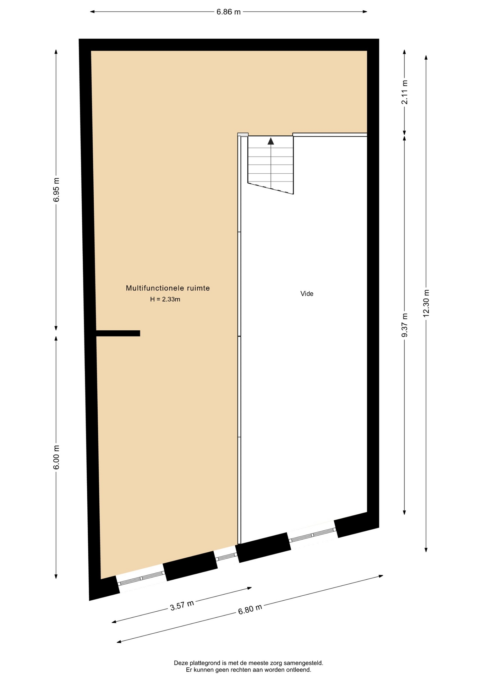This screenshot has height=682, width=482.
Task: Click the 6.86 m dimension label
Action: pyautogui.click(x=229, y=12)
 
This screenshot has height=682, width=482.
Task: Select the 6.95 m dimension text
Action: pyautogui.click(x=56, y=190)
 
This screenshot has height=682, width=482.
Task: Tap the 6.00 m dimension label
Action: pyautogui.click(x=56, y=457)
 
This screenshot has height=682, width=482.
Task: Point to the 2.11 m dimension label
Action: pyautogui.click(x=405, y=92)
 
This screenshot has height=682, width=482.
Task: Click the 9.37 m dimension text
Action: pyautogui.click(x=405, y=325)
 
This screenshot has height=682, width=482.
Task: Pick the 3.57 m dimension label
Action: pyautogui.click(x=182, y=605)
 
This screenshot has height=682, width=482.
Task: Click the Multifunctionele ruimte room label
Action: pyautogui.click(x=168, y=288)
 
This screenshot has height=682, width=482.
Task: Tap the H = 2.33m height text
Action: pyautogui.click(x=165, y=299)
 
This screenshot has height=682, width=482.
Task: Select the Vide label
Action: pyautogui.click(x=307, y=294)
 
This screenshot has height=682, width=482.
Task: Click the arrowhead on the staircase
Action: pyautogui.click(x=271, y=141)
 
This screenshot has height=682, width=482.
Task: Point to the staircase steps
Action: pyautogui.click(x=271, y=165)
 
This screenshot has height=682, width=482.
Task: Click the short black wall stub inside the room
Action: pyautogui.click(x=118, y=333)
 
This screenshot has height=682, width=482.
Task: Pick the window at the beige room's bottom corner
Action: pyautogui.click(x=141, y=578)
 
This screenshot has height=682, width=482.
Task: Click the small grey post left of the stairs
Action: pyautogui.click(x=243, y=134)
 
